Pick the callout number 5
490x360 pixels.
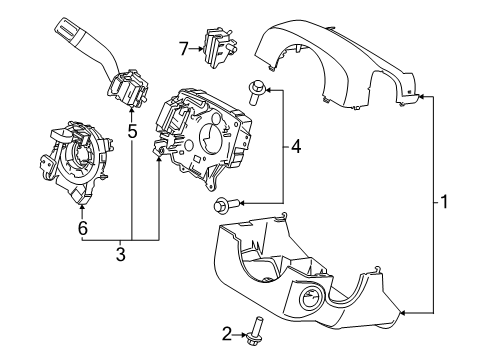132,130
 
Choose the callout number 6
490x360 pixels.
83,228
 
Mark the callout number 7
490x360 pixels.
183,46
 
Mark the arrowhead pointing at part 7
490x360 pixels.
200,46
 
